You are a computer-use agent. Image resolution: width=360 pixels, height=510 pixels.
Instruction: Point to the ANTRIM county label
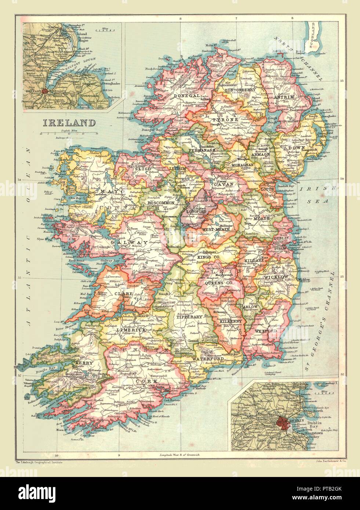pos(284,97)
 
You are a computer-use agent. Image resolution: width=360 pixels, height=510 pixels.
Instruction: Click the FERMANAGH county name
pos(201,150)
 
